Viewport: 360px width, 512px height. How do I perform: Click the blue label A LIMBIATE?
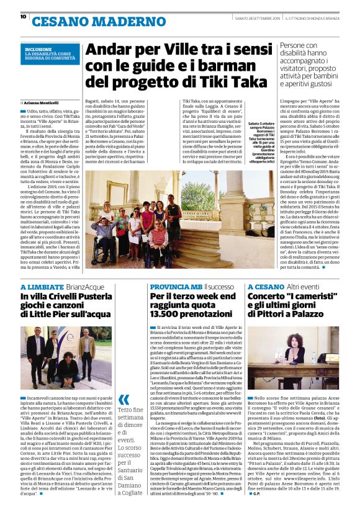pos(42,287)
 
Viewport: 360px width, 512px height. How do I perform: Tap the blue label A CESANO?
pos(266,287)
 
